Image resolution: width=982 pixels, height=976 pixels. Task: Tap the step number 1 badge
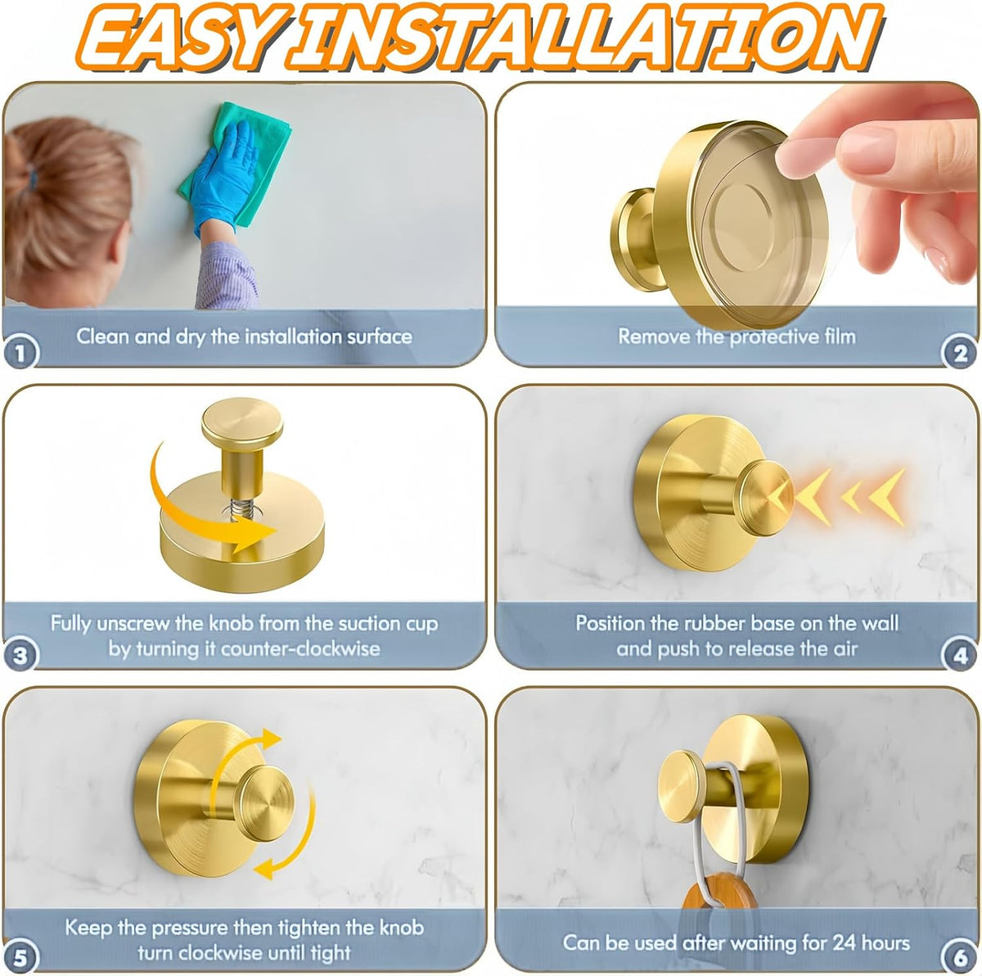click(20, 352)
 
